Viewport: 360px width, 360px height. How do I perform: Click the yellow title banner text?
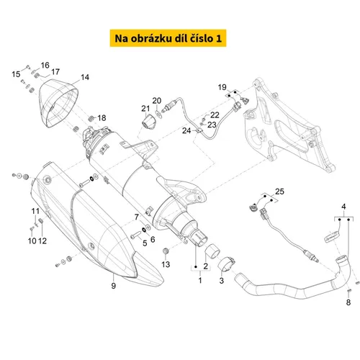click(168, 38)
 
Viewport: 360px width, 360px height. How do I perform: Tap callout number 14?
click(85, 77)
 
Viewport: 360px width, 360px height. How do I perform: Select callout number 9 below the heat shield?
click(114, 286)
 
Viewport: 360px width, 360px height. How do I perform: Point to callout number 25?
click(279, 192)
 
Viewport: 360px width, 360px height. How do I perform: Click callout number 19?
click(222, 87)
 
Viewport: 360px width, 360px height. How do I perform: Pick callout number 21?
click(145, 109)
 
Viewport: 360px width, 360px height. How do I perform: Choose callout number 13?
click(166, 264)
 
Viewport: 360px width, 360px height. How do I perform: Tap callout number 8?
click(348, 302)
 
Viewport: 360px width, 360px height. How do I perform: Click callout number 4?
click(343, 207)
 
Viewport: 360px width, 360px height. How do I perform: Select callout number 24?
click(186, 130)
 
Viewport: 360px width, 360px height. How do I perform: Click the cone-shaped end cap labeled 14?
click(59, 103)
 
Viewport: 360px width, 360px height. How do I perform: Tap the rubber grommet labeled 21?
click(148, 122)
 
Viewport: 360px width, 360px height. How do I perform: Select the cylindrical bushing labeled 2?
click(212, 251)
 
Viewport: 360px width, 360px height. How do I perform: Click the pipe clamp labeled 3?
click(226, 264)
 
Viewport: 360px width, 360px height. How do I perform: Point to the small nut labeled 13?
click(166, 251)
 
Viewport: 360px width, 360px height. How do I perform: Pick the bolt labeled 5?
click(136, 235)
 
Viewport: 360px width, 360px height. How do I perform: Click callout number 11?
click(35, 211)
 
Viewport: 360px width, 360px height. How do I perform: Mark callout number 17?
click(55, 71)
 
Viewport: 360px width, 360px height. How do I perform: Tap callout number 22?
click(215, 115)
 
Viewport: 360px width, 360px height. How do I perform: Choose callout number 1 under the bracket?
click(200, 280)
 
